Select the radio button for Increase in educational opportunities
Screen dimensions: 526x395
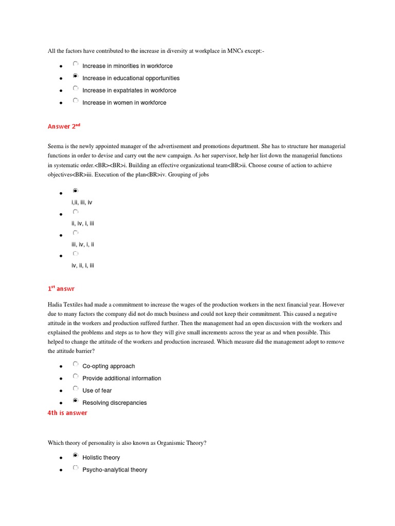[x=76, y=77]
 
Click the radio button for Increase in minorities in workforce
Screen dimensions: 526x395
[x=76, y=64]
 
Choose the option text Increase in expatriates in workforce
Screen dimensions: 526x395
[x=129, y=90]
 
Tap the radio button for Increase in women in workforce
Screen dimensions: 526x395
[x=76, y=101]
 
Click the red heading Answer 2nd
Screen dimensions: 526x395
[x=64, y=126]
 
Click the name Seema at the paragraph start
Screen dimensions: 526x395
[x=56, y=145]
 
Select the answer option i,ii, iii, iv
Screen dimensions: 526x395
[x=82, y=202]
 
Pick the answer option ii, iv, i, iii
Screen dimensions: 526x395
[x=82, y=223]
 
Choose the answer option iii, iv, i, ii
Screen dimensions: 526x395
[x=82, y=245]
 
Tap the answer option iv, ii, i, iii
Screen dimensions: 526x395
[x=82, y=266]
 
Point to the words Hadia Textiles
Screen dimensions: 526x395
[x=66, y=304]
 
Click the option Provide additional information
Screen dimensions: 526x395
[x=121, y=379]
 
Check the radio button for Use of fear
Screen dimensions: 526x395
[x=76, y=389]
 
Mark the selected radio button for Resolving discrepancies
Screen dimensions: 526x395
[x=76, y=401]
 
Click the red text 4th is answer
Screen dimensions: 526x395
[x=67, y=413]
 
